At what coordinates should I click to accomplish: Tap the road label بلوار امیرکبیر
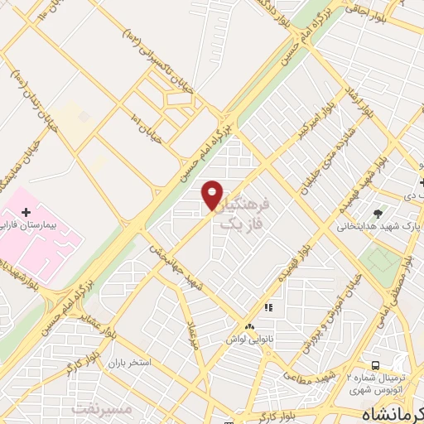(x=318, y=124)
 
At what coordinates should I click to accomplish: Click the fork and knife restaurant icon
(x=267, y=308)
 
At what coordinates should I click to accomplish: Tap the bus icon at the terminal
(x=376, y=365)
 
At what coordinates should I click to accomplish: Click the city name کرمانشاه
(x=397, y=412)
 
